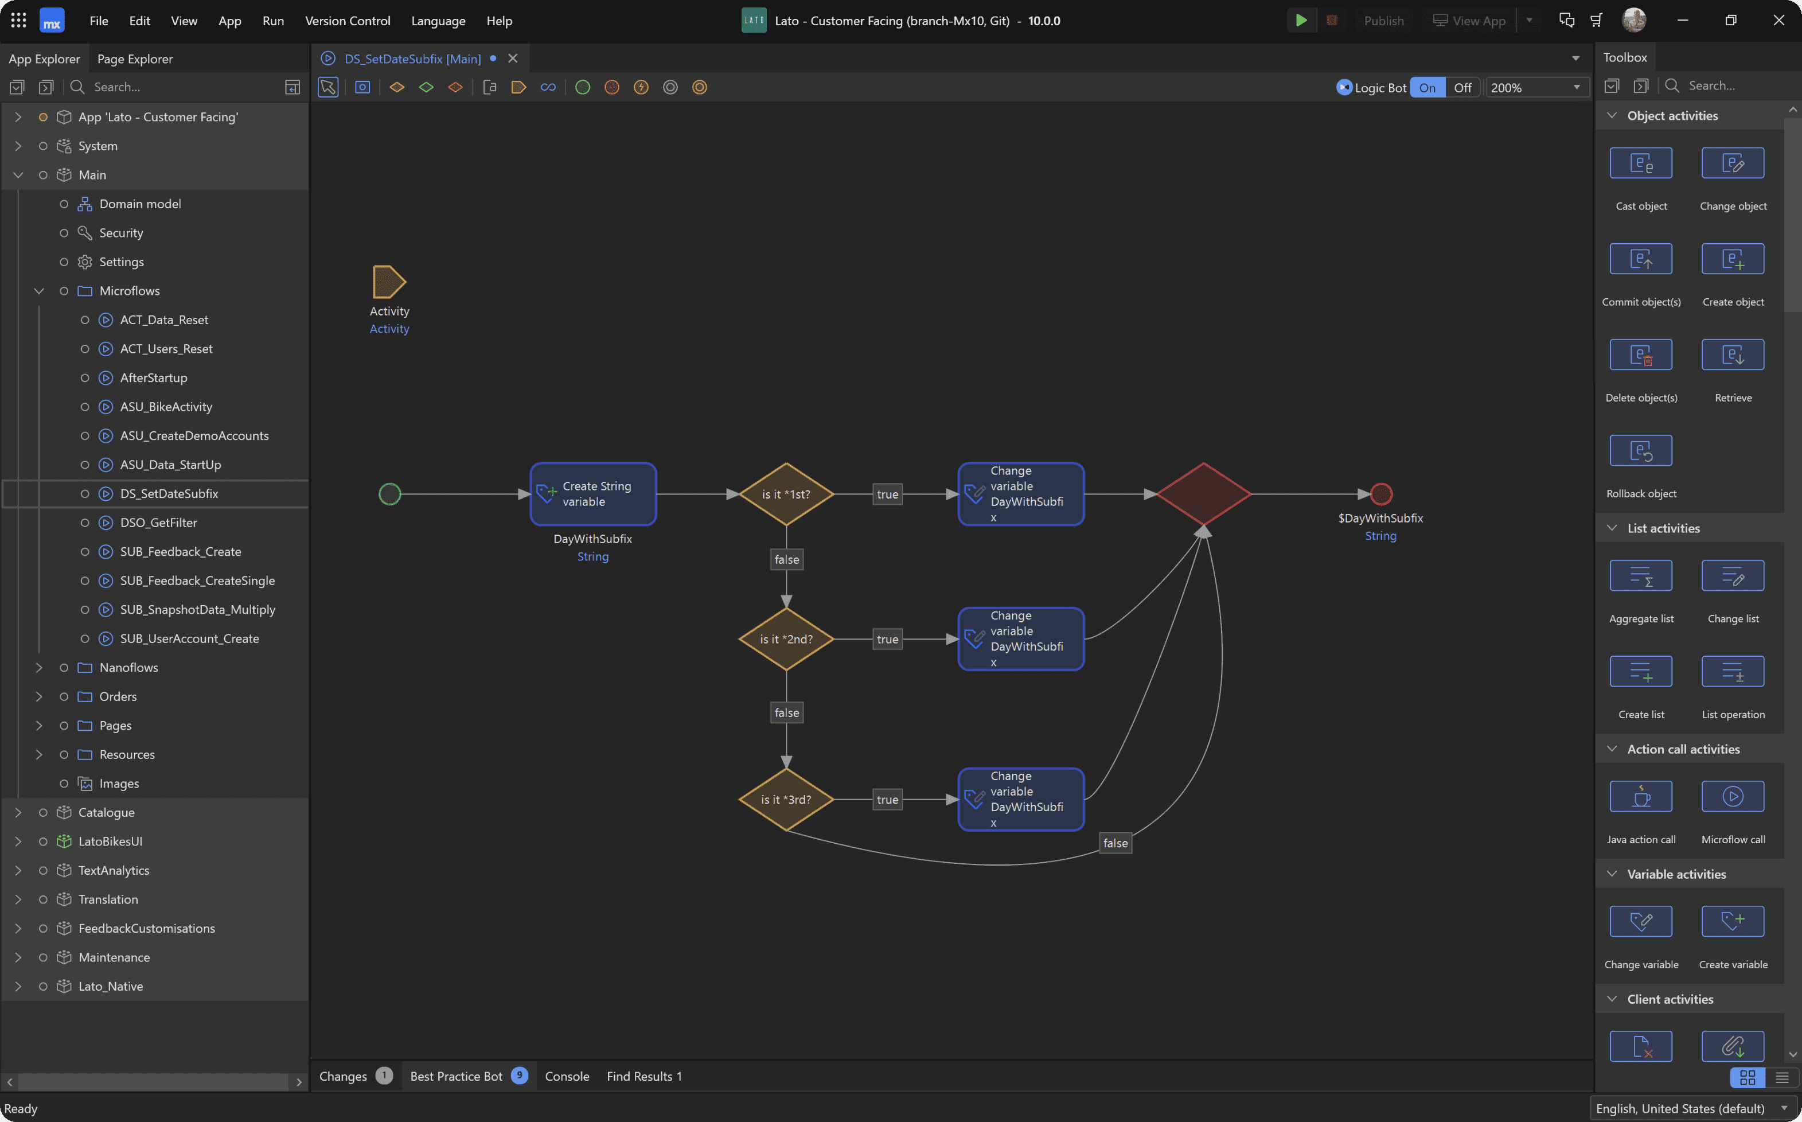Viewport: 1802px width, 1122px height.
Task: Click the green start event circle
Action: click(x=389, y=494)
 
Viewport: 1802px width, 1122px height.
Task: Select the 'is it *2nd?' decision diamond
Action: click(x=786, y=639)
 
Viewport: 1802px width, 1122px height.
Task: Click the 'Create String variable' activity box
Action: click(x=594, y=494)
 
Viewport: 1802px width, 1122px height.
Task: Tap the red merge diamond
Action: click(x=1203, y=494)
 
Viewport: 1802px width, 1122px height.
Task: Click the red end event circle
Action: click(x=1380, y=494)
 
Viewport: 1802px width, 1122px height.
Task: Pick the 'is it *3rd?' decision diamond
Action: click(x=786, y=799)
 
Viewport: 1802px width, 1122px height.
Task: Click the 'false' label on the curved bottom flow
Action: click(x=1115, y=843)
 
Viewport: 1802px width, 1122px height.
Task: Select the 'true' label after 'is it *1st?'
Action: click(x=887, y=494)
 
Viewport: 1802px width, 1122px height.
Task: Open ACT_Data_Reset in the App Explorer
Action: click(x=164, y=320)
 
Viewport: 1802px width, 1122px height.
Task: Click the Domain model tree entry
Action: click(x=140, y=204)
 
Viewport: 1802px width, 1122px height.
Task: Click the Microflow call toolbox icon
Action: click(x=1733, y=796)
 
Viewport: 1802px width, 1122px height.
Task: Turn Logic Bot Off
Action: click(x=1462, y=88)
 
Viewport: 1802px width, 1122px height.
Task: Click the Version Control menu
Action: click(x=347, y=21)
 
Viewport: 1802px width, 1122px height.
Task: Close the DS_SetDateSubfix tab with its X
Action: click(x=513, y=59)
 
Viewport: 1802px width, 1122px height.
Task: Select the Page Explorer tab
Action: click(x=135, y=59)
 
